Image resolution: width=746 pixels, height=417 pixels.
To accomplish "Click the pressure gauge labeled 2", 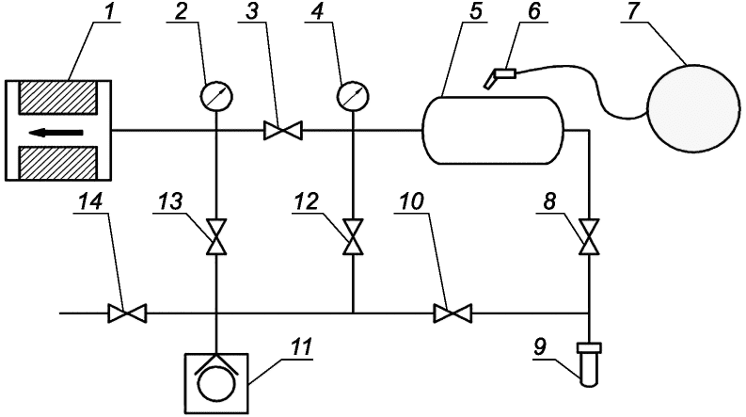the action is coord(216,97).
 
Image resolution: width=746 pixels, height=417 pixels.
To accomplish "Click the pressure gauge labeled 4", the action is coord(353,97).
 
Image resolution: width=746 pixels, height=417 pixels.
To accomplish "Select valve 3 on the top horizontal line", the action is coord(283,130).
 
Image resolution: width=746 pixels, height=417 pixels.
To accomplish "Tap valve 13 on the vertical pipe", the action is coord(216,237).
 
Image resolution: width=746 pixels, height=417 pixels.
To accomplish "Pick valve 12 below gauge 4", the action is coord(353,237).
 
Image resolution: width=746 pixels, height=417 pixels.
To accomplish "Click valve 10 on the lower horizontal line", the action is coord(452,313).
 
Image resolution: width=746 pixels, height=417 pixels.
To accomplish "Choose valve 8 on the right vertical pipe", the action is coord(589,237).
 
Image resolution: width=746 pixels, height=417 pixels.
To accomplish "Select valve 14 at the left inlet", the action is coord(128,313).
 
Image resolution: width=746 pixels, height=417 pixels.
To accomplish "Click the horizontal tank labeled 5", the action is coord(492,130).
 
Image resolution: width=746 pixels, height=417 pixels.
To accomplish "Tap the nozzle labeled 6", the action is coord(500,77).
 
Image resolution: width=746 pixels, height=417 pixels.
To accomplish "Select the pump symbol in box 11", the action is coord(216,384).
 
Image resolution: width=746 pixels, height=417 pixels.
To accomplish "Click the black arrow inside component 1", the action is coord(56,132).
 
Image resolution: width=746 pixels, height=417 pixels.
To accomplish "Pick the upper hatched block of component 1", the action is coord(57,97).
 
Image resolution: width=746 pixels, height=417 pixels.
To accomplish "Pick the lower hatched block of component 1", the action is coord(57,163).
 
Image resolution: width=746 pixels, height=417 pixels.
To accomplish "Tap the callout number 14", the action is coord(90,201).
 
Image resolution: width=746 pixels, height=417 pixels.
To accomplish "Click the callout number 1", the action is coord(109,11).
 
